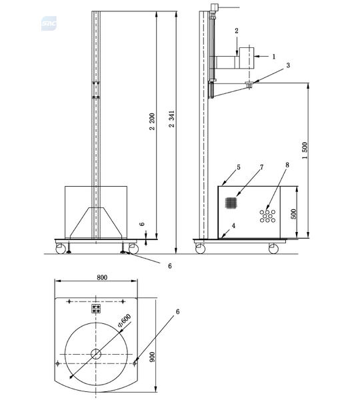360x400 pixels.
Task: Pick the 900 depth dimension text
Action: (153, 357)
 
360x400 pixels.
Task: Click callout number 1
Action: (273, 57)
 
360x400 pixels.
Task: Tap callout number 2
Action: (236, 31)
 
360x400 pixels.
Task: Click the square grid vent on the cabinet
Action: (230, 201)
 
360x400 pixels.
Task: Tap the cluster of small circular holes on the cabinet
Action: (268, 215)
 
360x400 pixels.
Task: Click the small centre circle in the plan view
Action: (96, 354)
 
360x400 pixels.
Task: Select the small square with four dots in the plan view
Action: (96, 309)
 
